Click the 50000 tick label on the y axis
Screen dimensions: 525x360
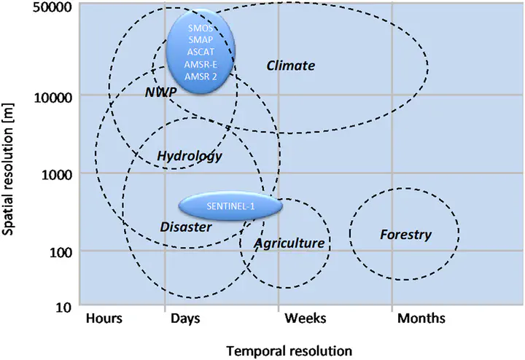pyautogui.click(x=52, y=7)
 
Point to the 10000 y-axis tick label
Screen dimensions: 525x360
pyautogui.click(x=53, y=98)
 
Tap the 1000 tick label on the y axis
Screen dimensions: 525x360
pyautogui.click(x=57, y=174)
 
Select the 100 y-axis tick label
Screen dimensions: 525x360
pyautogui.click(x=61, y=252)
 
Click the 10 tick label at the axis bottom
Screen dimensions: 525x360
pyautogui.click(x=64, y=307)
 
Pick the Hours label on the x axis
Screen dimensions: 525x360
pyautogui.click(x=104, y=318)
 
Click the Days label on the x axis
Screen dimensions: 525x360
pyautogui.click(x=185, y=318)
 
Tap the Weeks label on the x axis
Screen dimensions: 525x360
pyautogui.click(x=306, y=318)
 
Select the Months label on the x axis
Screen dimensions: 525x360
pyautogui.click(x=421, y=318)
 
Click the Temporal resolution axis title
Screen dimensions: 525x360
pyautogui.click(x=289, y=351)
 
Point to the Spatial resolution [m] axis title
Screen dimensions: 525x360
pyautogui.click(x=7, y=169)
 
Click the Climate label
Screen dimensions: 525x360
pyautogui.click(x=291, y=66)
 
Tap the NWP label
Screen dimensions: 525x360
pyautogui.click(x=160, y=92)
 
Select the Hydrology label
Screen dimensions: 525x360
pyautogui.click(x=190, y=156)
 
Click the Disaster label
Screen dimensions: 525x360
pyautogui.click(x=186, y=227)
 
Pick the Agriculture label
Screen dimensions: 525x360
pyautogui.click(x=289, y=243)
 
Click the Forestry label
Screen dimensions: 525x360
pyautogui.click(x=405, y=235)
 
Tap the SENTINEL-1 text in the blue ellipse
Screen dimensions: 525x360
pyautogui.click(x=230, y=206)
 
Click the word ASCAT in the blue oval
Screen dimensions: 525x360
pyautogui.click(x=201, y=52)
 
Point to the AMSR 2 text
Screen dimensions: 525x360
pyautogui.click(x=201, y=77)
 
